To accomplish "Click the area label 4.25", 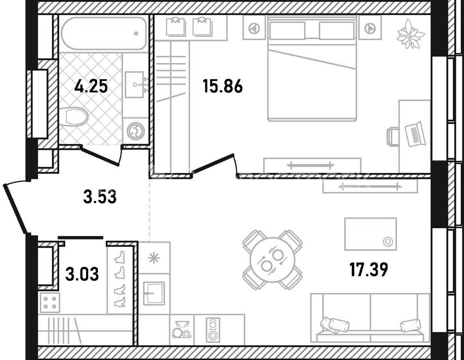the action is [91, 87].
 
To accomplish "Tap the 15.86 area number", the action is [223, 87].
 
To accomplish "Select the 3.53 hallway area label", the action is [100, 197].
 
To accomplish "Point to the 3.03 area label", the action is [82, 274].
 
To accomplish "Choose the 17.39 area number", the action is [368, 270].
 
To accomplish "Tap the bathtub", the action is [104, 34].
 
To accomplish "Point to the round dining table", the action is [272, 260].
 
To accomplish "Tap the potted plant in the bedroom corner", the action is [410, 34].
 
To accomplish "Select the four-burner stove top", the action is [50, 303].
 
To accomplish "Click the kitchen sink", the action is [154, 293].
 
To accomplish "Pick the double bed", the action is [312, 68].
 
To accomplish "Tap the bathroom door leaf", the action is [100, 156].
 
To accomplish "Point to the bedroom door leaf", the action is [213, 163].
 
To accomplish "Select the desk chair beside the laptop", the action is [393, 136].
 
